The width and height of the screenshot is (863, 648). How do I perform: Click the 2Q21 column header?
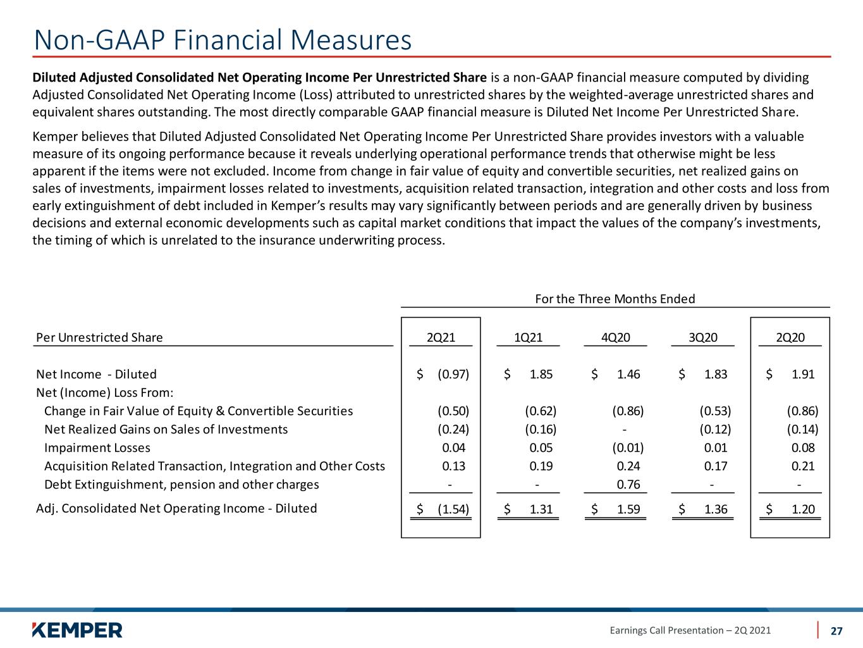pyautogui.click(x=441, y=337)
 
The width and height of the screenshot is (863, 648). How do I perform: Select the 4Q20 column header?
pyautogui.click(x=615, y=337)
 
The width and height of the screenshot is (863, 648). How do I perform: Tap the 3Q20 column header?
pyautogui.click(x=702, y=337)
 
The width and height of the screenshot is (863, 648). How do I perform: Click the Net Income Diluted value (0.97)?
pyautogui.click(x=453, y=374)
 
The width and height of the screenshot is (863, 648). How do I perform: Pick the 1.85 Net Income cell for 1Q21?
pyautogui.click(x=541, y=374)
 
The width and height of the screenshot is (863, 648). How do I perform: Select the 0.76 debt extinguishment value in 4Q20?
pyautogui.click(x=628, y=484)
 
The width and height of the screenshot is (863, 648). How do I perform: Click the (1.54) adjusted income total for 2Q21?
pyautogui.click(x=453, y=509)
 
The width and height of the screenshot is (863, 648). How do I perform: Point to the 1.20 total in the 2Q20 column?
pyautogui.click(x=803, y=509)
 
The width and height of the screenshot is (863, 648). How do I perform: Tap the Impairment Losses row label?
pyautogui.click(x=97, y=448)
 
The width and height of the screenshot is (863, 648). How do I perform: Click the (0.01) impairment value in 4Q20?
pyautogui.click(x=628, y=448)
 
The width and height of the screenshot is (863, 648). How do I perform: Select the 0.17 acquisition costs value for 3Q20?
pyautogui.click(x=716, y=466)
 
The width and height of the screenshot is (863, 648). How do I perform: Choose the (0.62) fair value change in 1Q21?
pyautogui.click(x=541, y=411)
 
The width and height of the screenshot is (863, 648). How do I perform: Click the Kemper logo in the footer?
pyautogui.click(x=77, y=630)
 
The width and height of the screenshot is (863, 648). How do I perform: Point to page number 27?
pyautogui.click(x=836, y=631)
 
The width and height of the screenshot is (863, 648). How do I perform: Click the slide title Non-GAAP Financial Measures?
pyautogui.click(x=223, y=40)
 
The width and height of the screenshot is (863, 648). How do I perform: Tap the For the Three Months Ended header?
pyautogui.click(x=615, y=299)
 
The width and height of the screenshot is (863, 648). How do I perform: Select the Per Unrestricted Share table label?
pyautogui.click(x=99, y=337)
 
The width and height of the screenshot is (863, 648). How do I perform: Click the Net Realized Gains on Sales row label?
pyautogui.click(x=166, y=429)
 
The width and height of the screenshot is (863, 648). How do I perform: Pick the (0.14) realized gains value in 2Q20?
pyautogui.click(x=802, y=429)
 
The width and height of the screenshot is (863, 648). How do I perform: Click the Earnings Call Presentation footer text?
pyautogui.click(x=690, y=630)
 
